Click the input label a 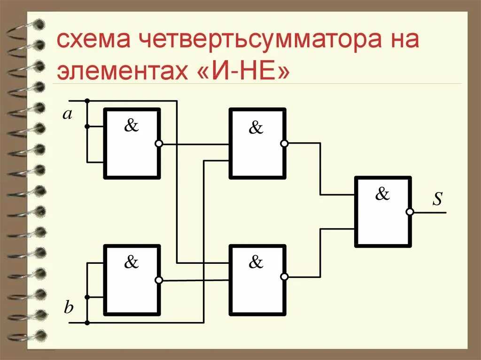click(x=68, y=114)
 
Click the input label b click(x=69, y=308)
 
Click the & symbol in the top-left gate click(x=132, y=126)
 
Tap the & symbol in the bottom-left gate click(x=132, y=262)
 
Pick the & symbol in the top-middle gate click(x=256, y=127)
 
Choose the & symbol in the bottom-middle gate click(x=256, y=262)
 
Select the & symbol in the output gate click(x=382, y=194)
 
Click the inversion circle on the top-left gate click(x=159, y=144)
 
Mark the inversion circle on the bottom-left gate click(x=159, y=280)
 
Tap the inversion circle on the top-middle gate click(x=284, y=144)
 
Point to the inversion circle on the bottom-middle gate click(x=284, y=277)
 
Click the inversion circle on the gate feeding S click(x=410, y=212)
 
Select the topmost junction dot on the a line click(x=87, y=101)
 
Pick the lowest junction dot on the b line click(x=87, y=323)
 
